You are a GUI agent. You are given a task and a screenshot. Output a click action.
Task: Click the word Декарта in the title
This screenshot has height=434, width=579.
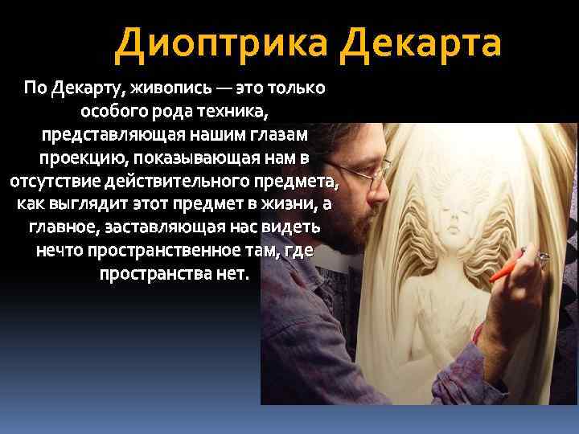(420, 44)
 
